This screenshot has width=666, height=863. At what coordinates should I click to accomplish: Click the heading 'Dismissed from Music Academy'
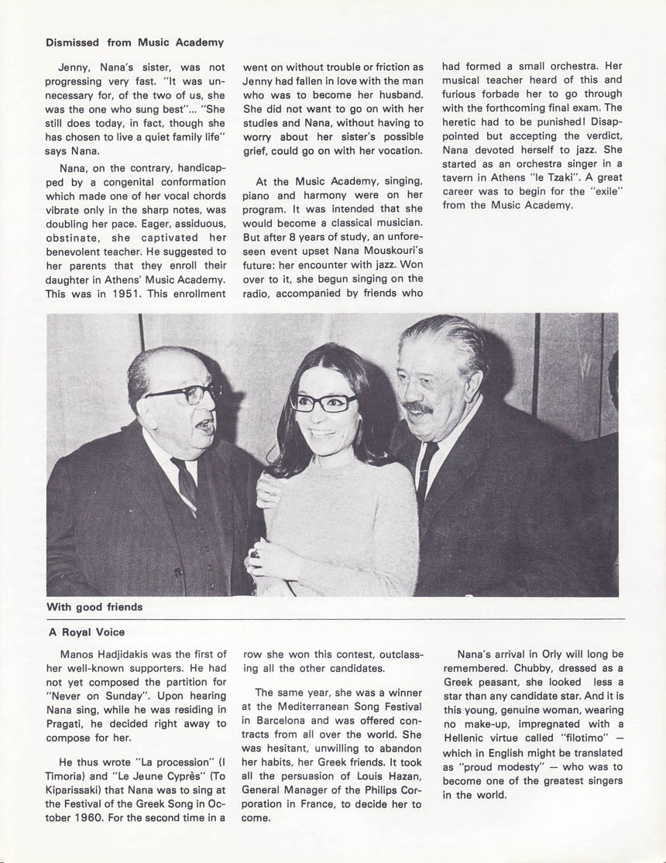tap(135, 42)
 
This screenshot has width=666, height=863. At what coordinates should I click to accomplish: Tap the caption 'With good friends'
tap(94, 607)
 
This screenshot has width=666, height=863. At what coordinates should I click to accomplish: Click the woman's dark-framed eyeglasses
tap(324, 402)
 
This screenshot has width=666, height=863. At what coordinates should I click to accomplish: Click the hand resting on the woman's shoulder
tap(268, 489)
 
